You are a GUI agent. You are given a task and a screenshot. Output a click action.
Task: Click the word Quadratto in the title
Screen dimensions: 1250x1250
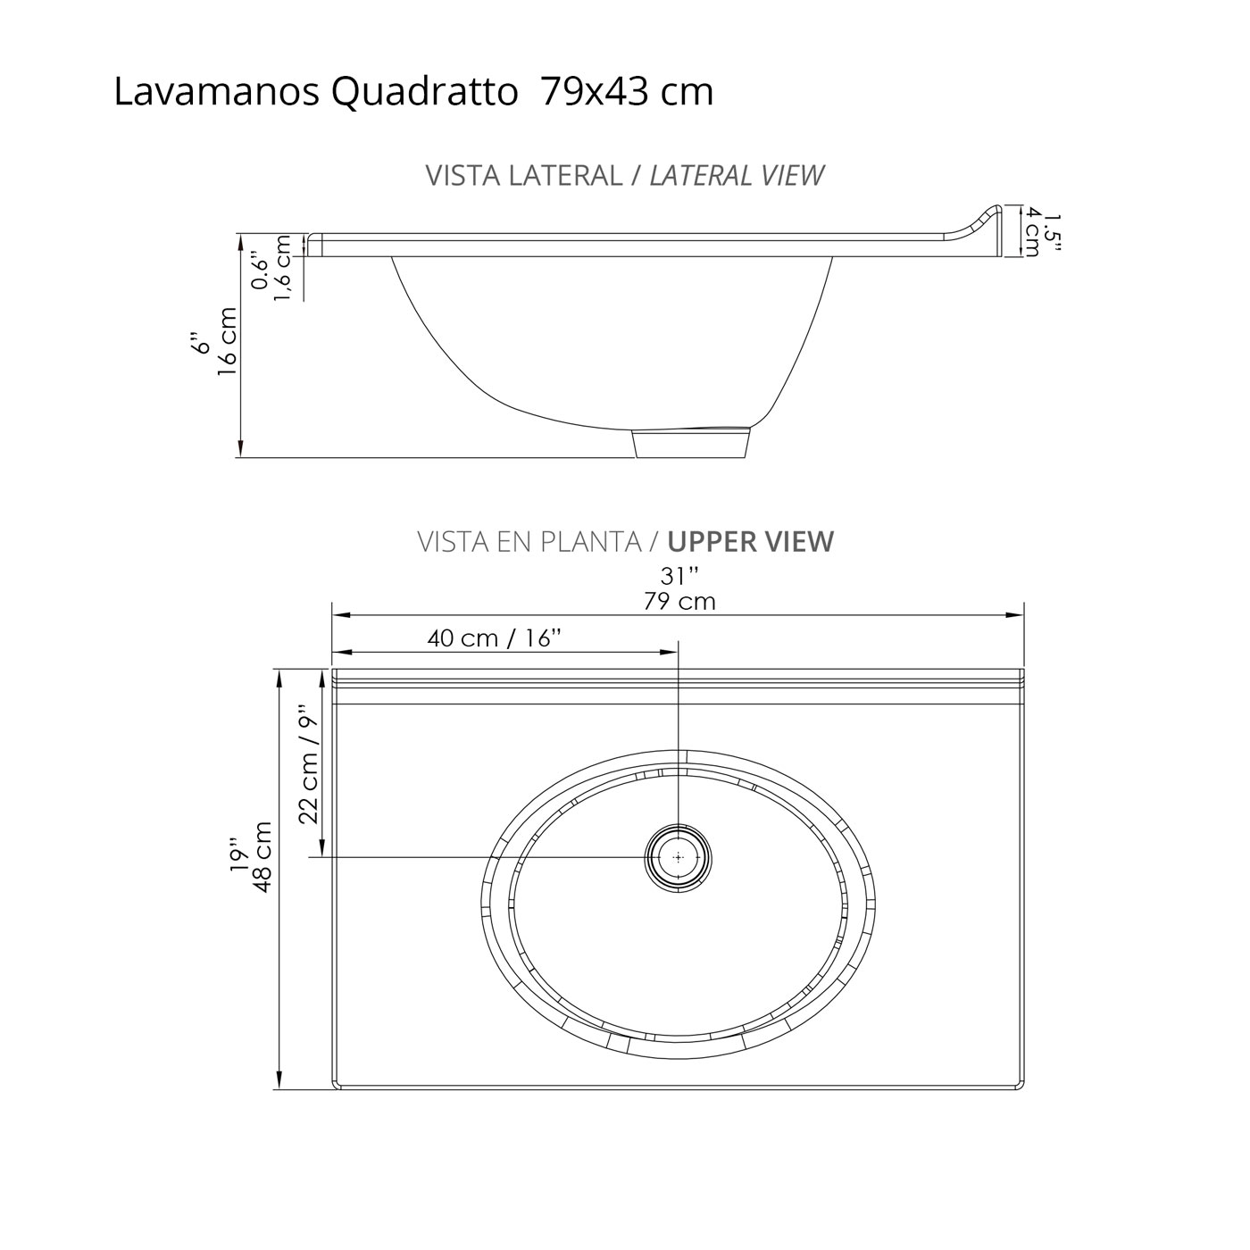tap(425, 93)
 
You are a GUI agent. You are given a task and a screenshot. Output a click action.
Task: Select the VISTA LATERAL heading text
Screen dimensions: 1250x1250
tap(523, 176)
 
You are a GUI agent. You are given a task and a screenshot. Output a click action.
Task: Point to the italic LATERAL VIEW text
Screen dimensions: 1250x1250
tap(736, 176)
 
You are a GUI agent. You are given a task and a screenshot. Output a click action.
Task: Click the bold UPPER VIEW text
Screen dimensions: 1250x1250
tap(750, 542)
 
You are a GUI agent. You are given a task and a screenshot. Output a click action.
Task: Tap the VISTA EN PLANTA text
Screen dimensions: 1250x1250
tap(529, 542)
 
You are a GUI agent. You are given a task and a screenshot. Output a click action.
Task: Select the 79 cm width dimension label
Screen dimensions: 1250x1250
tap(679, 602)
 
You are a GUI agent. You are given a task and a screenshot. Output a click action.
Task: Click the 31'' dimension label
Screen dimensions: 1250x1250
tap(679, 577)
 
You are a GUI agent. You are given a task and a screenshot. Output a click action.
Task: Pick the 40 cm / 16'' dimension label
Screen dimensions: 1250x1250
tap(494, 638)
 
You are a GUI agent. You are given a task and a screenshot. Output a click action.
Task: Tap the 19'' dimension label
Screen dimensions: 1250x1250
tap(237, 855)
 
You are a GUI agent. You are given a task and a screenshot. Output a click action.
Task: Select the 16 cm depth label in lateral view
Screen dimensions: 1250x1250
tap(228, 341)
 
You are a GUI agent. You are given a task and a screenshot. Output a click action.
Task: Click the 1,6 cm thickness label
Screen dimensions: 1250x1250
tap(283, 268)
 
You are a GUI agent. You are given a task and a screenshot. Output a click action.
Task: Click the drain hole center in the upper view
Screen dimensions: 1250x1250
tap(679, 857)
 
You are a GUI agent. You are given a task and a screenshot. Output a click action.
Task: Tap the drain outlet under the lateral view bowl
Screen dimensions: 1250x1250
tap(690, 444)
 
